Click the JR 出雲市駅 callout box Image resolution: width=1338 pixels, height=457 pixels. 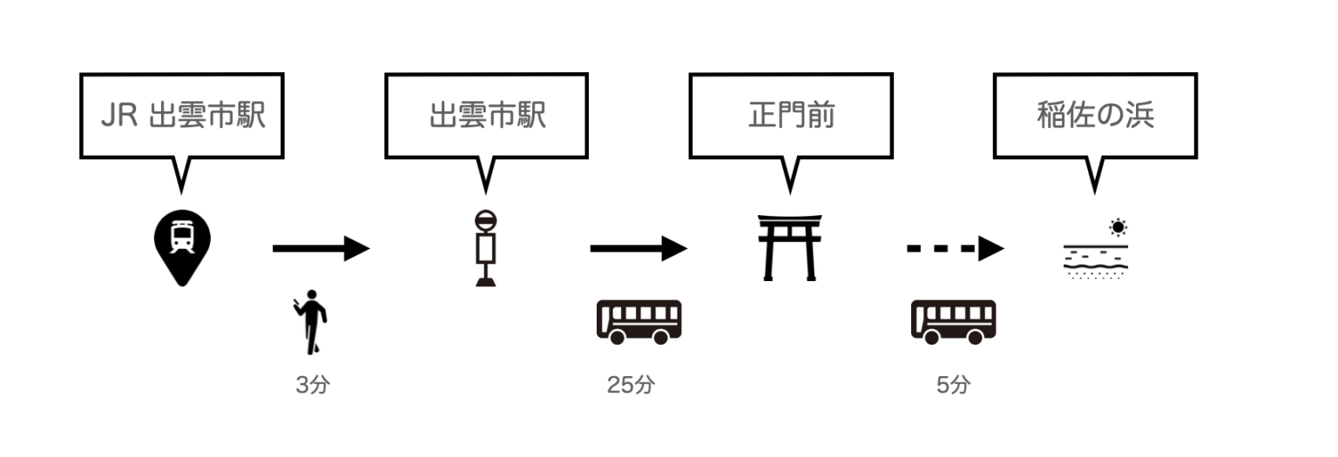click(x=181, y=116)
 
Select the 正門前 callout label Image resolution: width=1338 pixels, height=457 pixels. click(x=790, y=116)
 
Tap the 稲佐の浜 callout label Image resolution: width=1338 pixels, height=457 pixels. click(x=1095, y=116)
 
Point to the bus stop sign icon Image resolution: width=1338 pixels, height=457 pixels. click(x=486, y=247)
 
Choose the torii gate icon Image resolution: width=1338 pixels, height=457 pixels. click(x=790, y=247)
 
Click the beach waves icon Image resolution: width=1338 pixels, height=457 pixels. click(x=1095, y=259)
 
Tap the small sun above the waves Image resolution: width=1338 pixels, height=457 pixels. click(x=1118, y=228)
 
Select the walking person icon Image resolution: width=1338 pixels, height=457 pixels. click(x=312, y=326)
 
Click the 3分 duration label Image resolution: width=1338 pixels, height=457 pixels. click(x=313, y=385)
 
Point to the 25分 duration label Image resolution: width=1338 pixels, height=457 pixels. click(x=630, y=385)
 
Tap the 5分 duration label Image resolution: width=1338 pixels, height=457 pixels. click(x=952, y=385)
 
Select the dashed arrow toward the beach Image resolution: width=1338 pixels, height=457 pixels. click(x=955, y=249)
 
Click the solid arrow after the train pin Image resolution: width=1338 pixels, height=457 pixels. click(x=321, y=249)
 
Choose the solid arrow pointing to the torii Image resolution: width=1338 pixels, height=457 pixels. click(x=639, y=249)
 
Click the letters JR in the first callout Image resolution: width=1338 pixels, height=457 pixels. click(x=119, y=117)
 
